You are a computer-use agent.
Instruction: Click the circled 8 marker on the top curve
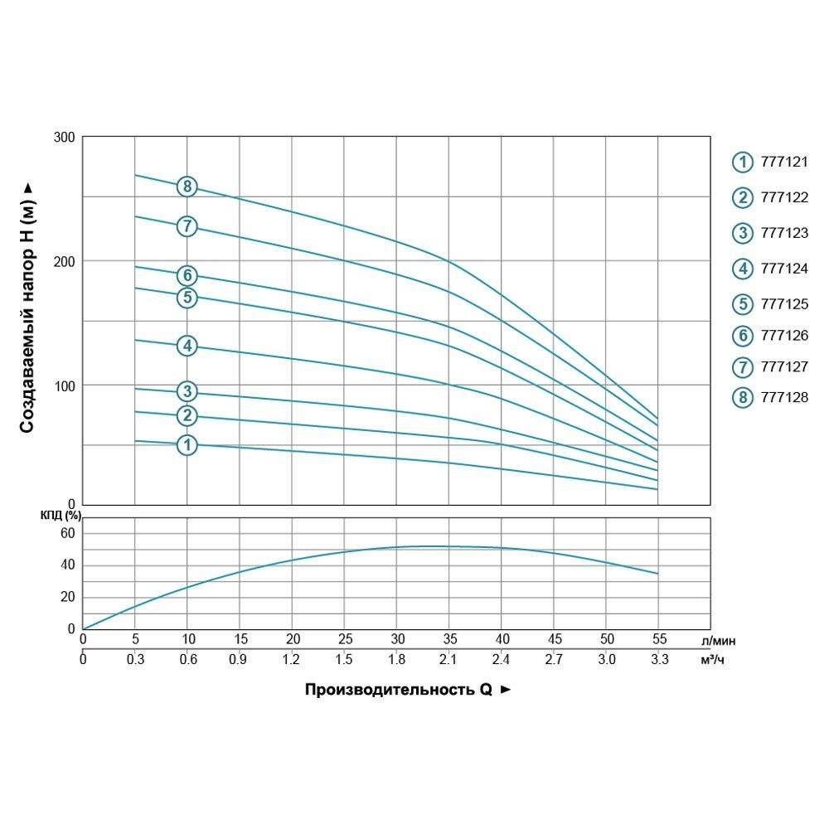point(187,187)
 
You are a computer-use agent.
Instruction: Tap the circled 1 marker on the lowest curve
point(187,445)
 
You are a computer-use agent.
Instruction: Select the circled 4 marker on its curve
point(187,346)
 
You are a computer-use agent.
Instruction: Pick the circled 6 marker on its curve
point(187,275)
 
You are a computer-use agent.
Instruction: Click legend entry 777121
point(783,162)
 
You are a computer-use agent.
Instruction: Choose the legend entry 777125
point(783,303)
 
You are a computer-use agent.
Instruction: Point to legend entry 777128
point(783,398)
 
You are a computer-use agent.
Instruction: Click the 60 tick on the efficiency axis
point(68,533)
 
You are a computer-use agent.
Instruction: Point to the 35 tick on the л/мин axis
point(449,639)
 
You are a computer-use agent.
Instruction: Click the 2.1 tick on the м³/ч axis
point(449,660)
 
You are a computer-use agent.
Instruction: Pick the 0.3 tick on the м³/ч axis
point(135,660)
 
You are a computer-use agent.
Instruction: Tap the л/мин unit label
point(718,640)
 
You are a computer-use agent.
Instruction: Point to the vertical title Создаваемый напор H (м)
point(27,307)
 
